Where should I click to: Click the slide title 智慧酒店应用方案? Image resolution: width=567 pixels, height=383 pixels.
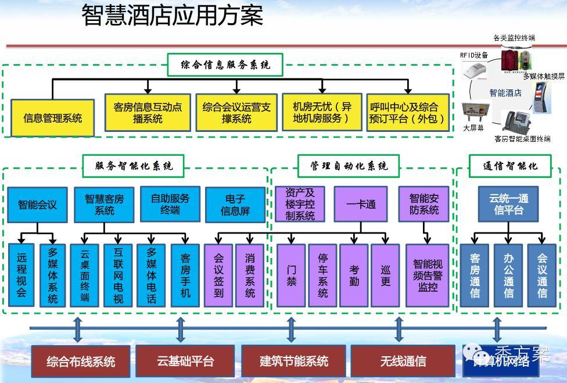(172, 16)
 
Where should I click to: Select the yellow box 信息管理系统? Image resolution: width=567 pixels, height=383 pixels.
(52, 118)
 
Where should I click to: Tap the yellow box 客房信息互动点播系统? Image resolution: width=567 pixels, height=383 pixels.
(148, 113)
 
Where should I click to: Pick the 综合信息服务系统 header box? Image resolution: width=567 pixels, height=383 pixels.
(225, 65)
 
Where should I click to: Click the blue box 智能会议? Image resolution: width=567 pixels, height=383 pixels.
(38, 205)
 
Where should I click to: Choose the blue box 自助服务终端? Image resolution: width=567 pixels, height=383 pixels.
(170, 204)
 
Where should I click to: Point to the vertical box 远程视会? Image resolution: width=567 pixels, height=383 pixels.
(21, 275)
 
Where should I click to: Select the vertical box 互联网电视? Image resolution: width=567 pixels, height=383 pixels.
(118, 275)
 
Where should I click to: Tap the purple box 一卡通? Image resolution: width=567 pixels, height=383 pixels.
(361, 205)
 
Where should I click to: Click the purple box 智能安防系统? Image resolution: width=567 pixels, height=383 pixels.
(424, 204)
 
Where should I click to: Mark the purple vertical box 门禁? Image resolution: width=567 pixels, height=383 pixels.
(291, 275)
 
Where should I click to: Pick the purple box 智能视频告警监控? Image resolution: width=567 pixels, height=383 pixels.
(428, 275)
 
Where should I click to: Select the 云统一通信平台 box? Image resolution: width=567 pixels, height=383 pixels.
(508, 204)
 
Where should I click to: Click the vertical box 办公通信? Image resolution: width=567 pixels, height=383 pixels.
(508, 275)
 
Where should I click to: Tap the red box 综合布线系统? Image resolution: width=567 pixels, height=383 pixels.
(81, 361)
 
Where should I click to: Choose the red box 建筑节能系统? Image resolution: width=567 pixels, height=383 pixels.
(294, 361)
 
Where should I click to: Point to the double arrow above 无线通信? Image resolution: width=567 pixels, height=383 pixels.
(399, 329)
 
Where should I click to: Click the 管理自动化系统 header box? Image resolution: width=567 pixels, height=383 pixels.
(349, 166)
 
